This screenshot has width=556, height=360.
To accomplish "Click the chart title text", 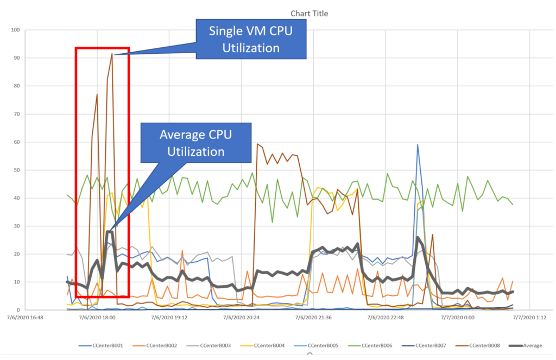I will click(309, 14).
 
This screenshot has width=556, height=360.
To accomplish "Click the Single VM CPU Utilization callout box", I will click(251, 39).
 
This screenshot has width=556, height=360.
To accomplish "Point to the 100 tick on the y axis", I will click(15, 30).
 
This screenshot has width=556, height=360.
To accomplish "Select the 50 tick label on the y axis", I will click(16, 170).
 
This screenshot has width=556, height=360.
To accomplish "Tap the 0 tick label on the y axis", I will click(18, 310).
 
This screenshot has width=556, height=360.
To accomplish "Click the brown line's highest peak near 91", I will click(112, 54).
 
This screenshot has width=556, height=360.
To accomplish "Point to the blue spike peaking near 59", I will click(418, 144).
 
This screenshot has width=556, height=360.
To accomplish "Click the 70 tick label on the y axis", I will click(16, 114).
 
